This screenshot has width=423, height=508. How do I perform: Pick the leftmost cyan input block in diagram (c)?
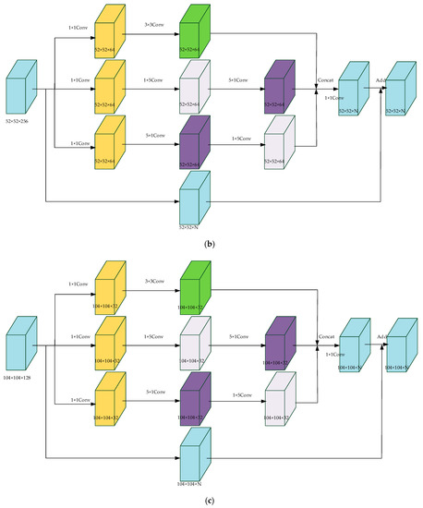coord(24,346)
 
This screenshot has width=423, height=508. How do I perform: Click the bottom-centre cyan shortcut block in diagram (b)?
coord(195,199)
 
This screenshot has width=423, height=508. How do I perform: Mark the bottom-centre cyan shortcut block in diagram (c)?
coord(195,455)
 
